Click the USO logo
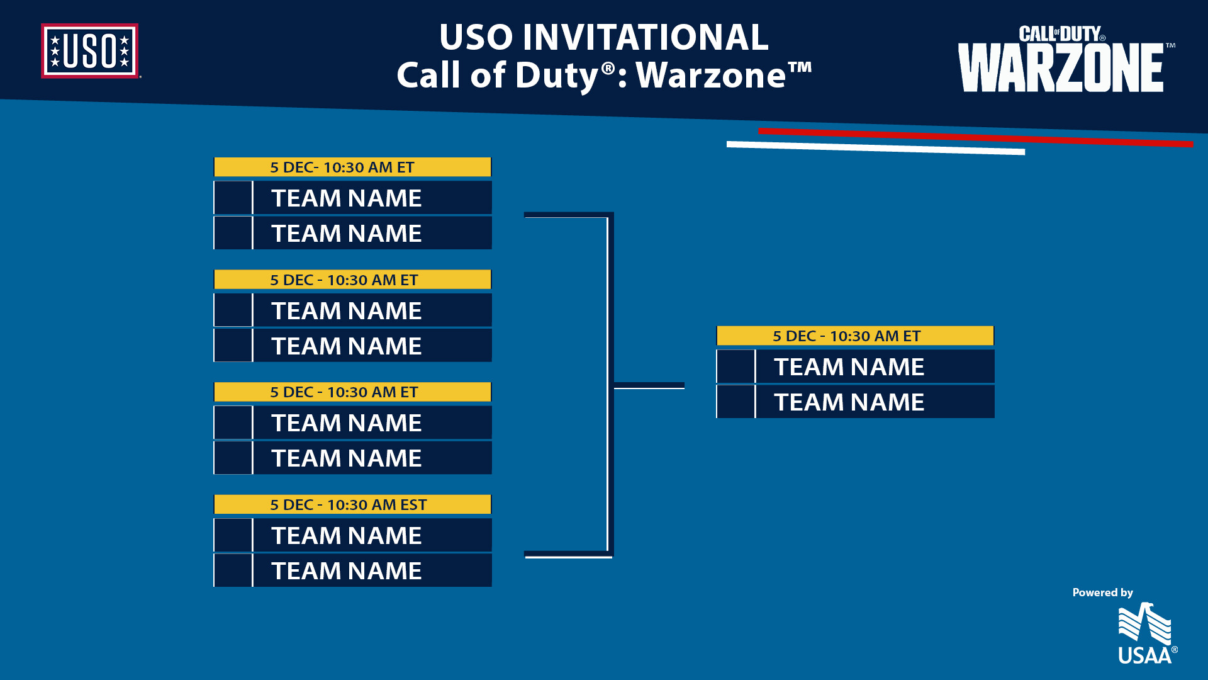tap(90, 51)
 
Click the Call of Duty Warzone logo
tap(1063, 60)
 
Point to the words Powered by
tap(1102, 592)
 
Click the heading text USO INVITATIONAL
tap(603, 37)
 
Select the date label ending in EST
tap(349, 505)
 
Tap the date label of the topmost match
tap(342, 167)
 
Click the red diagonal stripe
tap(975, 137)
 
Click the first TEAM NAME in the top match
tap(347, 198)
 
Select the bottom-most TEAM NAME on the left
tap(347, 571)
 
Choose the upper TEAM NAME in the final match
tap(849, 367)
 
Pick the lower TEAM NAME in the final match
tap(849, 402)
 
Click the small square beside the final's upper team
tap(735, 367)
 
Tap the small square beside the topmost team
tap(233, 198)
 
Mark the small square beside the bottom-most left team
tap(233, 571)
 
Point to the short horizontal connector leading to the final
tap(649, 385)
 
